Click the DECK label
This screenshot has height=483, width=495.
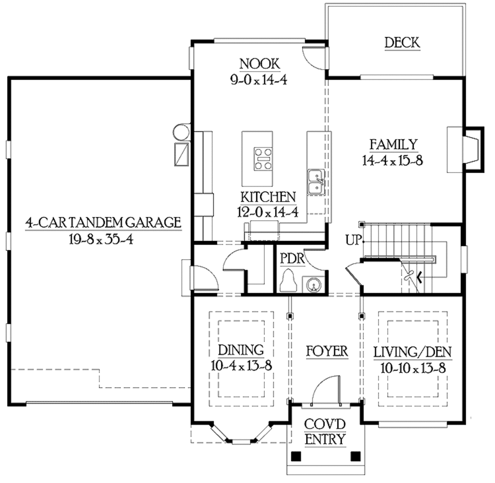point(402,43)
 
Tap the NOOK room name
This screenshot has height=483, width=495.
point(259,64)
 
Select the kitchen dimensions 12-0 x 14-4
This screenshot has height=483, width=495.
point(267,211)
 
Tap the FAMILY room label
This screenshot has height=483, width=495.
point(393,145)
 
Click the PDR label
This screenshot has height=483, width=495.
point(292,258)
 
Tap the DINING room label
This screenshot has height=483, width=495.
point(240,350)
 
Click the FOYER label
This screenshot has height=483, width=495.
point(327,351)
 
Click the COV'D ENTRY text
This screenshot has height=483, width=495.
point(325,432)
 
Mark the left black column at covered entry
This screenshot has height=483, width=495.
point(296,455)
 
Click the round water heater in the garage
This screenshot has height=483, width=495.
point(181,132)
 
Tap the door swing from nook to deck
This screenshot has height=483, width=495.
point(311,57)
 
